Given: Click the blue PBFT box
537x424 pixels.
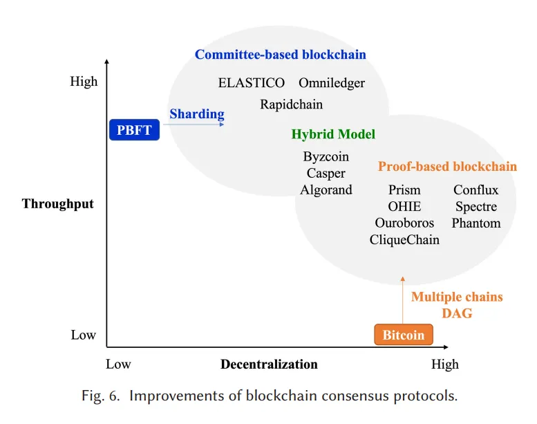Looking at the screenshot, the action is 134,130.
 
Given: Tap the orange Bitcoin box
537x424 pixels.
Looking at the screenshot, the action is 404,335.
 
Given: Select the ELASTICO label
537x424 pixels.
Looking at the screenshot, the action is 252,82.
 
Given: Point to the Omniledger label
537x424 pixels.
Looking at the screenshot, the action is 332,83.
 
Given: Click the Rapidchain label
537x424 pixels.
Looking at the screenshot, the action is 291,104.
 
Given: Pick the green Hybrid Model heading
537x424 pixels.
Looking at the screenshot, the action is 333,134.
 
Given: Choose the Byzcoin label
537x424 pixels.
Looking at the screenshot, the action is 326,156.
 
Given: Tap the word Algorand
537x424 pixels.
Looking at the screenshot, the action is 326,190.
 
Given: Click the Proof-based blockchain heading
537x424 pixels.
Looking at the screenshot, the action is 447,166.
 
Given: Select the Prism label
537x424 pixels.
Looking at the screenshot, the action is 404,190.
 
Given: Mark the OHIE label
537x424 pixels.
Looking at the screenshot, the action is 404,206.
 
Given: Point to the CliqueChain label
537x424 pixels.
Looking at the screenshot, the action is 404,239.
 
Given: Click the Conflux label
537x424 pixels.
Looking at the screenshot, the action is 475,190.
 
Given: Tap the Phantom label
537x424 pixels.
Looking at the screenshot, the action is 476,223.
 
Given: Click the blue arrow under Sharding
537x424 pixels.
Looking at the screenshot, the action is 194,125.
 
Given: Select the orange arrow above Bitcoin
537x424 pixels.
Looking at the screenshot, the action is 403,300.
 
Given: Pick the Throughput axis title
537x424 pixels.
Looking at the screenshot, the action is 57,203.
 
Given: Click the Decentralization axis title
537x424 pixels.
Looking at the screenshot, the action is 269,364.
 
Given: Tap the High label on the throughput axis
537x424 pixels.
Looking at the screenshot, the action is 84,82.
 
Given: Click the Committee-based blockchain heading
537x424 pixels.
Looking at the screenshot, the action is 280,55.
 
